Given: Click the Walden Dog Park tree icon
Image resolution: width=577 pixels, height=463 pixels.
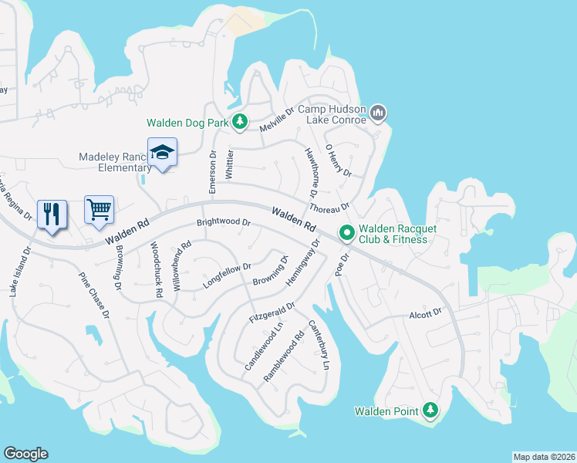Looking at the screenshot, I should click(241, 122).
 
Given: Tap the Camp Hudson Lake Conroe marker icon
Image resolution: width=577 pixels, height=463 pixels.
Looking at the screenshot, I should click(377, 113).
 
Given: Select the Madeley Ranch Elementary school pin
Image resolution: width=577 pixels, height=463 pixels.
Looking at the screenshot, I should click(163, 153).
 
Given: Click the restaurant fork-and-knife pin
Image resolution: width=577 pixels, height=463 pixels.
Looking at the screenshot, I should click(52, 214).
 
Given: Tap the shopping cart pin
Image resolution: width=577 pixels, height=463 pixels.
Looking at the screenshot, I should click(99, 209).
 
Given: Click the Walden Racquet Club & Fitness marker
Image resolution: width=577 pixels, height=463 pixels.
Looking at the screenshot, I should click(347, 232).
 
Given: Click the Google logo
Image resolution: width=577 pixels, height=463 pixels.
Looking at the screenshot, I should click(25, 454).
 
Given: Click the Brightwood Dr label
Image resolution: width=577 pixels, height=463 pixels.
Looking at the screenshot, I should click(224, 222).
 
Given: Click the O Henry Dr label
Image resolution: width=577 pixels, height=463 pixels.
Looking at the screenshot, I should click(338, 161).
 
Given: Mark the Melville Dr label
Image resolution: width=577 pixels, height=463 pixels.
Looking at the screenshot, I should click(278, 120).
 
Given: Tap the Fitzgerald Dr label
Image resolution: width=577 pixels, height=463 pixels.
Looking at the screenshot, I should click(272, 313).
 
